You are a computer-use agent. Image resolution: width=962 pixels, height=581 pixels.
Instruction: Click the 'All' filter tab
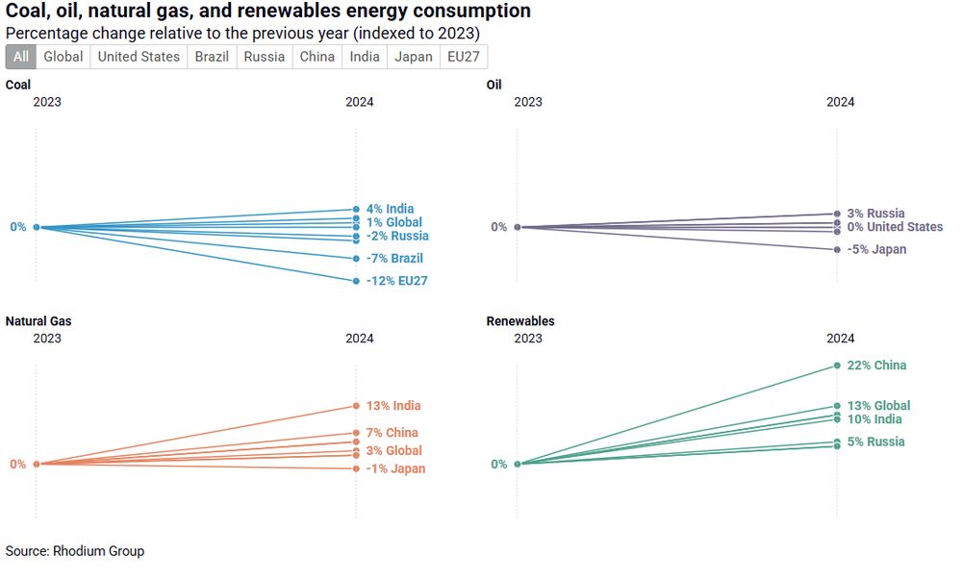click(21, 57)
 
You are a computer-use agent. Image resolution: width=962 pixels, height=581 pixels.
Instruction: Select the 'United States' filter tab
click(139, 57)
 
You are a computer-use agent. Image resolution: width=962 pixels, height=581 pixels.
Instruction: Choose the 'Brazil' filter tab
click(212, 57)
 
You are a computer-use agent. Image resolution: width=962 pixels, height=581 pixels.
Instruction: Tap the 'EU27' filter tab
click(465, 57)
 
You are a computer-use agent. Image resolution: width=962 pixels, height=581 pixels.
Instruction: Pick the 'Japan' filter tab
click(414, 57)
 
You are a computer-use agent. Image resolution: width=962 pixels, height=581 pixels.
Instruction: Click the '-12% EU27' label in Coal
click(396, 281)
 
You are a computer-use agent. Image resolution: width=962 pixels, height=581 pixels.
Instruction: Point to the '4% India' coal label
click(390, 209)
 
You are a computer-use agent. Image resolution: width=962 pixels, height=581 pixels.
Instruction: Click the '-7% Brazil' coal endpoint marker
click(356, 259)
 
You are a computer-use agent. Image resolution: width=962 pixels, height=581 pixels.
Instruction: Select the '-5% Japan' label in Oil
click(876, 250)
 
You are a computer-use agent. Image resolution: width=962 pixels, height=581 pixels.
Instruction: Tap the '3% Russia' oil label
click(875, 214)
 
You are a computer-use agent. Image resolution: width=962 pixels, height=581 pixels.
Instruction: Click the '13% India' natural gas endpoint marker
click(356, 406)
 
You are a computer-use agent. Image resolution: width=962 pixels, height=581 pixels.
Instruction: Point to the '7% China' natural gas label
click(392, 433)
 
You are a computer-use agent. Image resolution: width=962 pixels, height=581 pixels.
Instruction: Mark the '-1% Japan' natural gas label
click(395, 469)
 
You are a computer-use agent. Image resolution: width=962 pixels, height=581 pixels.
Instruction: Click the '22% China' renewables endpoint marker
click(837, 366)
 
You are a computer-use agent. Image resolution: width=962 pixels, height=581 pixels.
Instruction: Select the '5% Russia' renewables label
click(875, 442)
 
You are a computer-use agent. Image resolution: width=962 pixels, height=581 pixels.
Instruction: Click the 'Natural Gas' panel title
click(38, 321)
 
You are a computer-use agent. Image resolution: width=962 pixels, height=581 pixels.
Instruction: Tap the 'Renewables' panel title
click(520, 321)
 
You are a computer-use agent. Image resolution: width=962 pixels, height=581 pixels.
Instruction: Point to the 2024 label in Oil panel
click(841, 102)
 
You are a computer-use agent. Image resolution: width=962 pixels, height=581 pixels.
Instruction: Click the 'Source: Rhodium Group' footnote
click(75, 551)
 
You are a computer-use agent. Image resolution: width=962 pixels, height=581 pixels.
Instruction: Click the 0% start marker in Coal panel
click(37, 227)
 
